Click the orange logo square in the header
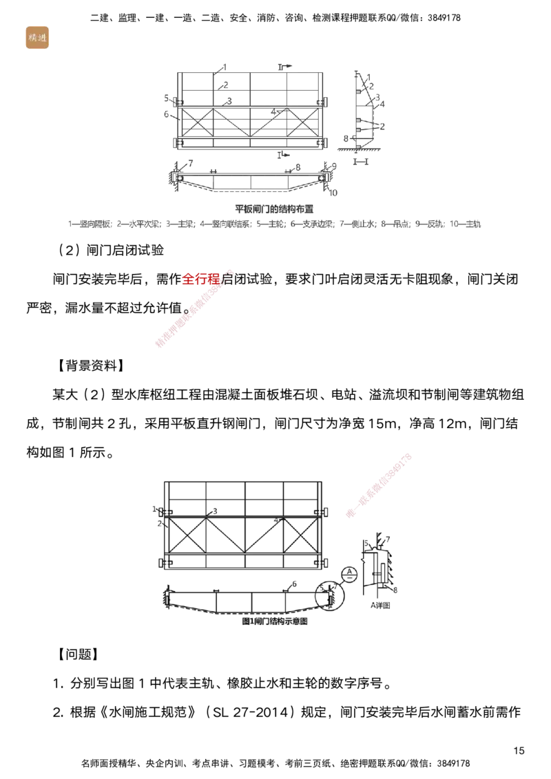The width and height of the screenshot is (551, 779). (36, 37)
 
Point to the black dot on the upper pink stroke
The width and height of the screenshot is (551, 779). (186, 312)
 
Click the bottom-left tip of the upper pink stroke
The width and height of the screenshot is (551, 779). (158, 344)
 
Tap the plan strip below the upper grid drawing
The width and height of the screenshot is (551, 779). (251, 177)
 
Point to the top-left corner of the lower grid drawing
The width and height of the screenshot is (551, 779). (161, 481)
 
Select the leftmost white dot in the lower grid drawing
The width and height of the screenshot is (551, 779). (174, 542)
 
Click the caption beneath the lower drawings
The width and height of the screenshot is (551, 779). (272, 621)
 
